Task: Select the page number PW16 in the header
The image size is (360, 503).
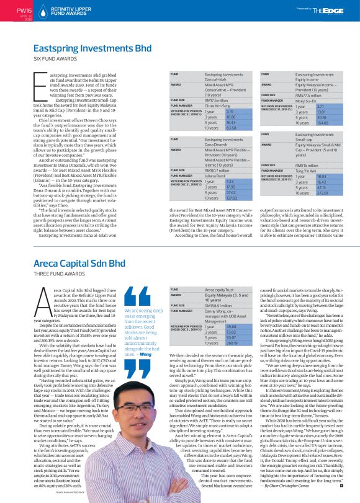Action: point(24,11)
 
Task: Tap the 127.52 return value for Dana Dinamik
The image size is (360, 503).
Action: point(215,198)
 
